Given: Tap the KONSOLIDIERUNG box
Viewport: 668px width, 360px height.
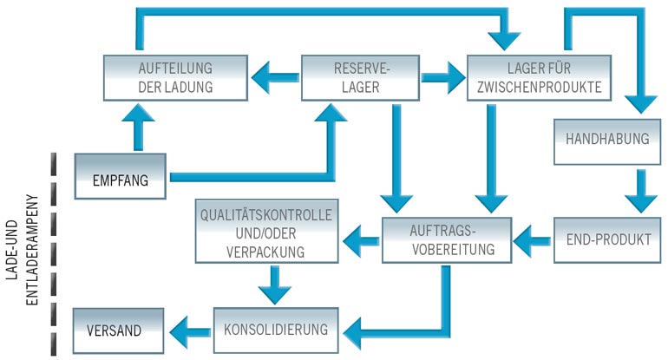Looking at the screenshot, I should (x=276, y=330).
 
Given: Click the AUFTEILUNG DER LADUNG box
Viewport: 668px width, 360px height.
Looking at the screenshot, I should (x=176, y=78).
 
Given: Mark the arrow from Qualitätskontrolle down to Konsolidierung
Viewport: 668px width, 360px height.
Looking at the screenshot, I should (x=274, y=282).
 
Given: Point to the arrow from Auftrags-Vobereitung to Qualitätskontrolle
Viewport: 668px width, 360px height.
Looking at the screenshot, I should (x=361, y=235).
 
